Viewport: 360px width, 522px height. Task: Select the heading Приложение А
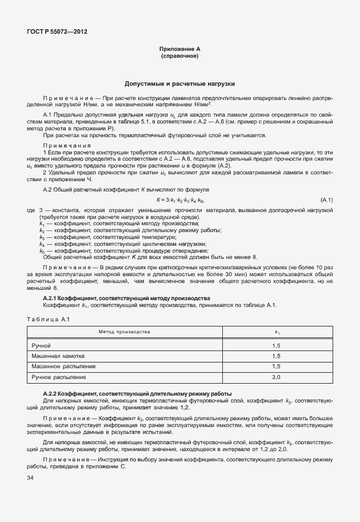click(x=180, y=50)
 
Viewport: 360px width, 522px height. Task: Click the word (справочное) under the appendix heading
click(x=180, y=57)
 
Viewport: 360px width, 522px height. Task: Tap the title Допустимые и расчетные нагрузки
click(x=180, y=83)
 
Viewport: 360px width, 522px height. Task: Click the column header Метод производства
click(x=124, y=332)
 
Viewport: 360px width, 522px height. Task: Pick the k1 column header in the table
click(x=277, y=332)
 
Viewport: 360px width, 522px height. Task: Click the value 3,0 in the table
click(x=276, y=377)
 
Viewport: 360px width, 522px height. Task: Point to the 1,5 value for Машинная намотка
click(x=276, y=356)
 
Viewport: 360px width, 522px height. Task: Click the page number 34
click(x=31, y=477)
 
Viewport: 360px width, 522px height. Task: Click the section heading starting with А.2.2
click(x=137, y=393)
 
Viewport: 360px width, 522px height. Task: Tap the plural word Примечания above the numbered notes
click(x=63, y=145)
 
